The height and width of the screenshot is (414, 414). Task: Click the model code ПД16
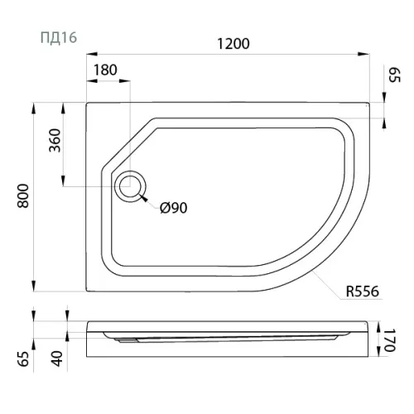[x=59, y=37]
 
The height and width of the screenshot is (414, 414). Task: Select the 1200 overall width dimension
[x=233, y=44]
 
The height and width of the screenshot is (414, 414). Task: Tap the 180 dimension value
[x=105, y=70]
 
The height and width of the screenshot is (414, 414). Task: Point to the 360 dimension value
[x=55, y=140]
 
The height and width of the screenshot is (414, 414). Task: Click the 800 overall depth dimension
[x=23, y=196]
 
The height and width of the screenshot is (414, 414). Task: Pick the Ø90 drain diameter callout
[x=174, y=208]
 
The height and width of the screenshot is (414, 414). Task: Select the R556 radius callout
[x=363, y=291]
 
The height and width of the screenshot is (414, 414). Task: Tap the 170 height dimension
[x=390, y=340]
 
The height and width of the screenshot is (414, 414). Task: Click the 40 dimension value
[x=57, y=359]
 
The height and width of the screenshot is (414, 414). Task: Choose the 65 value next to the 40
[x=23, y=359]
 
